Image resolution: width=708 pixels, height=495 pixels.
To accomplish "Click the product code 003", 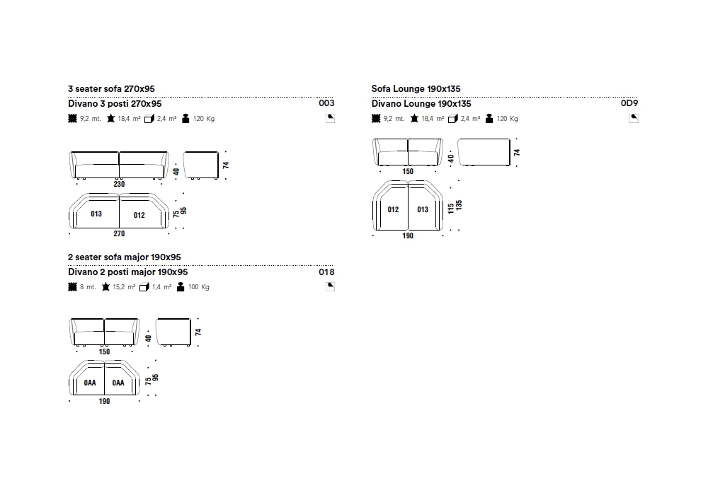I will point(326,103).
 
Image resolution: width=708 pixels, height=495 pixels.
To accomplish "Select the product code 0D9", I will point(629,103).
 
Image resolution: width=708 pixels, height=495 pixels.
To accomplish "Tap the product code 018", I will point(326,272).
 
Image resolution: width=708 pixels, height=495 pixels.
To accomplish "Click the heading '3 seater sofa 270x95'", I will point(111,89).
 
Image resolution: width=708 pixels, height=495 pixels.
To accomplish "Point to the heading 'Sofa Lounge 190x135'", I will point(416,89).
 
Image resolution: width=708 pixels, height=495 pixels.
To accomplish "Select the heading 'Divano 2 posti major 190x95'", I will point(128,272).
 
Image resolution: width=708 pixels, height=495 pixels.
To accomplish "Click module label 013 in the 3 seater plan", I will point(96,214).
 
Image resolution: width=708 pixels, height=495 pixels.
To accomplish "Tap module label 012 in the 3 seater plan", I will point(139,215).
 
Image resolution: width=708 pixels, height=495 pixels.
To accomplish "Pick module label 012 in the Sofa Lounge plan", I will point(394,209).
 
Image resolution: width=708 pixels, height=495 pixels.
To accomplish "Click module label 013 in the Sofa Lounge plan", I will point(423,209).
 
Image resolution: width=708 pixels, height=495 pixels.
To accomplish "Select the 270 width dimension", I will point(119,233).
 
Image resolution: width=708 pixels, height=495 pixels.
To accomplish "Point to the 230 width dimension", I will point(119,185).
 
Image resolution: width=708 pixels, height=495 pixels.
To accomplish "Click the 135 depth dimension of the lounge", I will point(459,205).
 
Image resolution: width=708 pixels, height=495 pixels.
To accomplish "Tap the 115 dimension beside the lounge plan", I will point(450,209).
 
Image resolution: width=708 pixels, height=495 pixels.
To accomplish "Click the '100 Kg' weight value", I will point(199,287).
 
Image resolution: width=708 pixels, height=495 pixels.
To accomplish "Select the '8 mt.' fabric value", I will point(87,287).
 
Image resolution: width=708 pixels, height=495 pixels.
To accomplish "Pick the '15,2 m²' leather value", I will point(124,287).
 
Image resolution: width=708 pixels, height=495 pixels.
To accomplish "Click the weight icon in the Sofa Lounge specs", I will point(489,119).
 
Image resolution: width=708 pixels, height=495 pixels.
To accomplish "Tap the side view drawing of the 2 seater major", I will point(173,332).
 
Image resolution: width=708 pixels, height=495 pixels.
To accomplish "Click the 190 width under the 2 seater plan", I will point(105,402).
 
